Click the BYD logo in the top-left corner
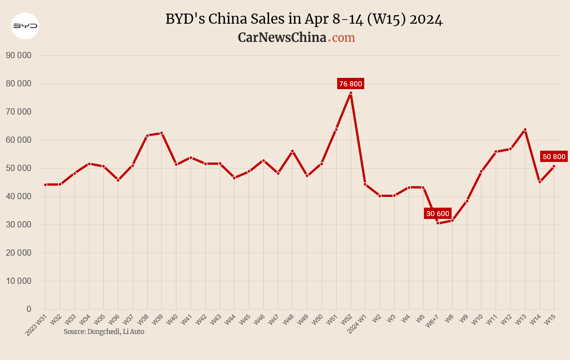point(25,25)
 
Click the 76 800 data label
point(351,84)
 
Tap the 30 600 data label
point(438,213)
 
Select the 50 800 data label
point(553,156)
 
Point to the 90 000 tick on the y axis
point(18,55)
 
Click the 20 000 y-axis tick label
point(18,253)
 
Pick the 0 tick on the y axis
point(28,309)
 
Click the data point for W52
point(351,93)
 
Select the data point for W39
point(162,133)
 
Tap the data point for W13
point(525,130)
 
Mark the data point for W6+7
point(438,223)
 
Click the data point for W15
point(554,166)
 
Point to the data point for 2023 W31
point(46,185)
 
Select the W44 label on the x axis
point(230,320)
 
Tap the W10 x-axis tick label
point(477,320)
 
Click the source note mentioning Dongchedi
point(104,332)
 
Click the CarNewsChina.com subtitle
point(296,38)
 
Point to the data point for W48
point(293,151)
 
